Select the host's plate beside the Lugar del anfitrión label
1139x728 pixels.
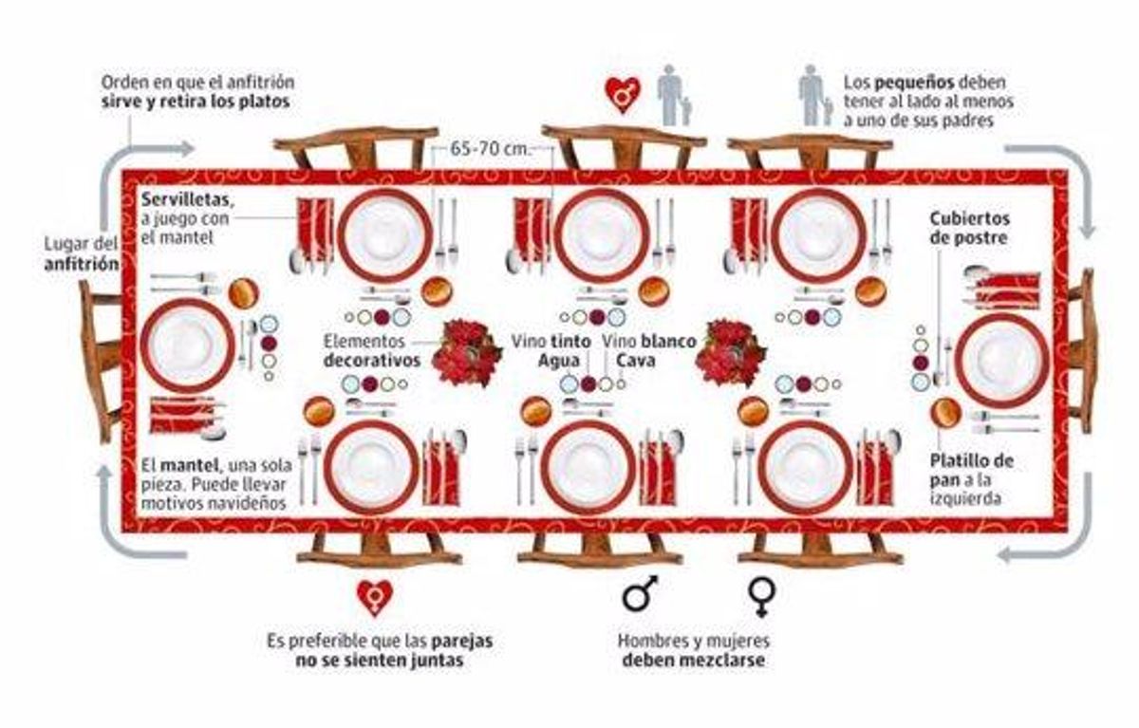coord(187,345)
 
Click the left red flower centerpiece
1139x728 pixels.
coord(466,351)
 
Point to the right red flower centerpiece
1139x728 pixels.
coord(730,351)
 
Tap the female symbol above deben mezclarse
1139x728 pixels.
coord(761,595)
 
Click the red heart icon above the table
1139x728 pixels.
coord(623,94)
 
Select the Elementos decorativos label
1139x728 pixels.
coord(370,351)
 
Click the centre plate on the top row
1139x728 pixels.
coord(602,235)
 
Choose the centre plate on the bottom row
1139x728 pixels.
coord(588,467)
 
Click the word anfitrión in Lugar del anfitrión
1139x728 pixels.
coord(82,265)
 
